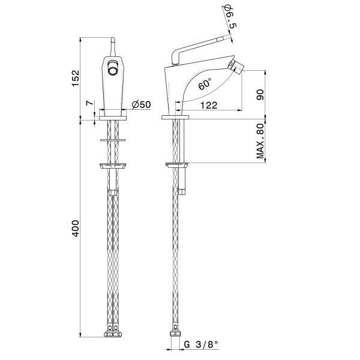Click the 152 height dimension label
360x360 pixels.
point(76,78)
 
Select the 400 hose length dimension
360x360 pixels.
point(76,228)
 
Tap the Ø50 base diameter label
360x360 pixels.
point(142,104)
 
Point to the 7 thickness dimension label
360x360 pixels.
point(90,103)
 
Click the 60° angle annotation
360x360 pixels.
point(205,84)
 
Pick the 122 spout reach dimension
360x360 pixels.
point(209,106)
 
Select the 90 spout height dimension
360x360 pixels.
point(260,94)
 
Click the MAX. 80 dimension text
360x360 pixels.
point(260,141)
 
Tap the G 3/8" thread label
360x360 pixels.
point(201,344)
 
